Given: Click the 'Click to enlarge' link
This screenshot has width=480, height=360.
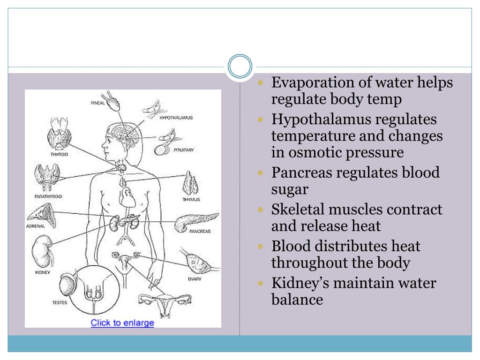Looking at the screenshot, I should point(122,322).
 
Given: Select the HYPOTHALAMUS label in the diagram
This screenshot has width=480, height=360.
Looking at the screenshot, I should point(176,118).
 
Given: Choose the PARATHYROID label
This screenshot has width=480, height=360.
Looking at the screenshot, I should point(48,196).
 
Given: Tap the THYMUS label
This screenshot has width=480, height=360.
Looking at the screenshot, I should point(191,199).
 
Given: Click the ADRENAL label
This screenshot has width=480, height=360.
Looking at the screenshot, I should point(35,226).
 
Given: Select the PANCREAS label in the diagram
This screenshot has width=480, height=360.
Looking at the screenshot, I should point(200,231).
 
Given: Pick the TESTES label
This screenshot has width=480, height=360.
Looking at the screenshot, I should point(59,302).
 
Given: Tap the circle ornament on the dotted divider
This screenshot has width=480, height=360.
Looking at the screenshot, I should point(240,67).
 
